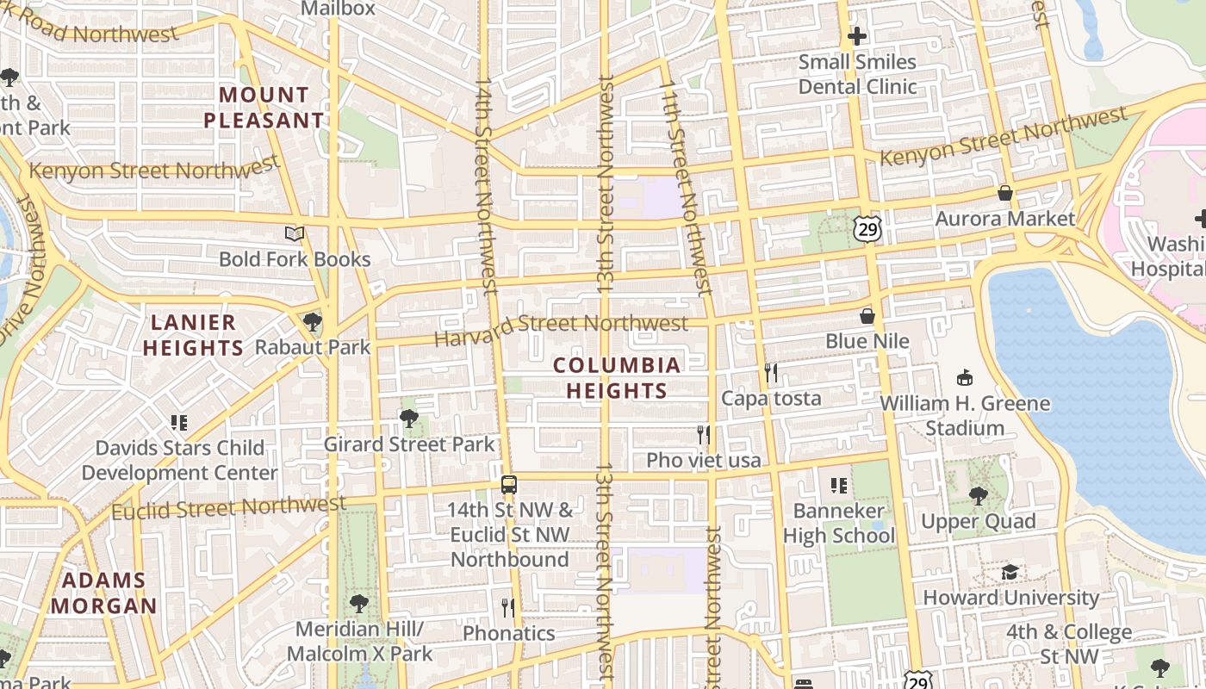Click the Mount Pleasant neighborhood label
264,108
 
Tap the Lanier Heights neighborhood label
193,335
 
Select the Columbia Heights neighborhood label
616,377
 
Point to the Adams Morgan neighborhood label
103,593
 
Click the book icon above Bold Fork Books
295,233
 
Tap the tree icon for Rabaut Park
312,322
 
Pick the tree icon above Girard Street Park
408,419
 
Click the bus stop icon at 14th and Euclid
509,484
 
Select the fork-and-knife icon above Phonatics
508,607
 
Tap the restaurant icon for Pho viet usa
704,434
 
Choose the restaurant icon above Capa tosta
771,372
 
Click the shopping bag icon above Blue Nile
867,316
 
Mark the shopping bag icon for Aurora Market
1004,193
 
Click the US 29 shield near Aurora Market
867,227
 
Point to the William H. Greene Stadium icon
965,377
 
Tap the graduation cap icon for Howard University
1010,572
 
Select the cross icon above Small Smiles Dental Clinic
856,36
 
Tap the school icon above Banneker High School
838,486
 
